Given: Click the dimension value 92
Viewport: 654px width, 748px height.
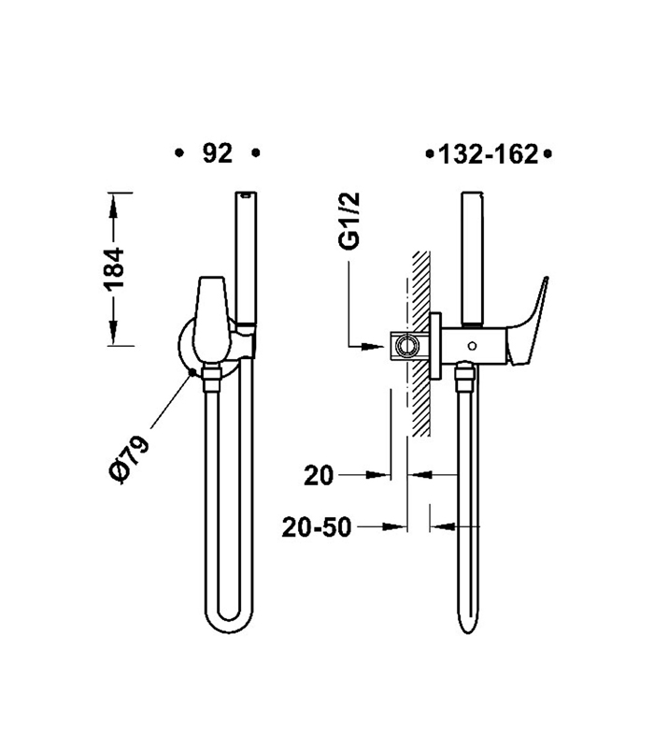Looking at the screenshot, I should point(217,154).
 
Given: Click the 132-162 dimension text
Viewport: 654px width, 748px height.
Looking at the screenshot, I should point(489,154).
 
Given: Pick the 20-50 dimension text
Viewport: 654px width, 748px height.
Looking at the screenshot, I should point(317,527).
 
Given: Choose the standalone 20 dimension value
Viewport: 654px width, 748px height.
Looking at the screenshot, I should point(320,476).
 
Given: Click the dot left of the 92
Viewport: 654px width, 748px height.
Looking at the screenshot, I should point(178,152).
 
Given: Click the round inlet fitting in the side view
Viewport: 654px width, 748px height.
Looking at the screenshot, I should point(404,346).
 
